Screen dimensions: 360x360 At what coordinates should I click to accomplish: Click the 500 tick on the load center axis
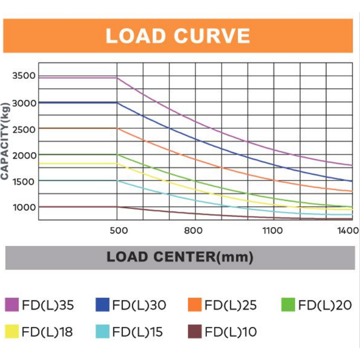119,230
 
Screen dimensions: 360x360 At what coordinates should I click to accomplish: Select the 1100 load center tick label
272,230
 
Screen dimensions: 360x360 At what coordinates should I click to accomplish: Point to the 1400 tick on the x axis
349,230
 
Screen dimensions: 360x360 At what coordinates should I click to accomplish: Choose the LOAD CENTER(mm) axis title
180,257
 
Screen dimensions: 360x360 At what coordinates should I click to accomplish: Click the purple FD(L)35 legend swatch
12,305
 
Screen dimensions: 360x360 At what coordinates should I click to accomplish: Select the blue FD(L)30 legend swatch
103,305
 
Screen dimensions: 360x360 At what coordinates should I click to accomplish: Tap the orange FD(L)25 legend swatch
194,305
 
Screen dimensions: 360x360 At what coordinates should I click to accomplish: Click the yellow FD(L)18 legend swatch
12,332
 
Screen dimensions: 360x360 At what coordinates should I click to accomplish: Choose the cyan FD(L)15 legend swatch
103,332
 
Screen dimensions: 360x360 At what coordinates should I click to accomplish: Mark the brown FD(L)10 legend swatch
194,332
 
